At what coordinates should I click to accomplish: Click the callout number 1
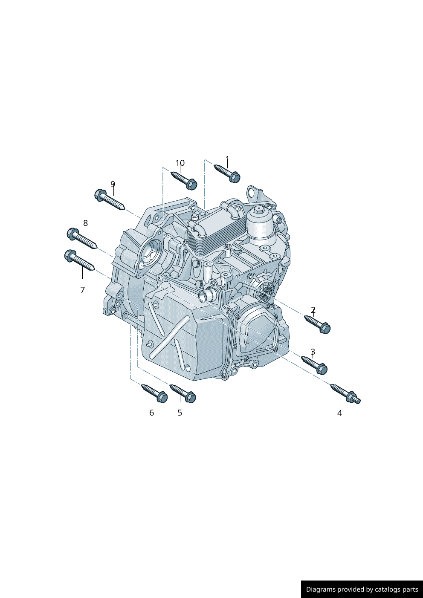[227, 159]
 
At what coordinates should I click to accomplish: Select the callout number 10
[180, 163]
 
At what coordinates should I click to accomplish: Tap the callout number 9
[113, 184]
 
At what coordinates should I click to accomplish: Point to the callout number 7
[83, 290]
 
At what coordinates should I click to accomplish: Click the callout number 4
[340, 413]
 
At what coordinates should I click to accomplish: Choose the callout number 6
[152, 413]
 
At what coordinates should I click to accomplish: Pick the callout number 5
[180, 413]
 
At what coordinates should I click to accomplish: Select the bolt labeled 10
[184, 181]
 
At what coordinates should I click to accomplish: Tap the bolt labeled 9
[110, 199]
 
